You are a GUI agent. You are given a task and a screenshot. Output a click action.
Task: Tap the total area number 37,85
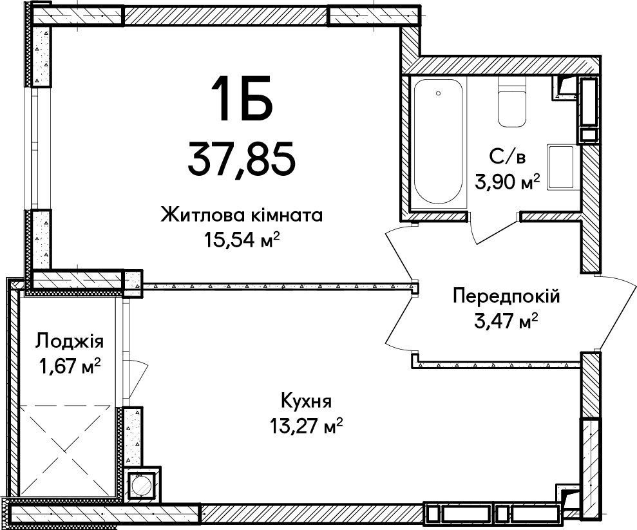[x=242, y=159]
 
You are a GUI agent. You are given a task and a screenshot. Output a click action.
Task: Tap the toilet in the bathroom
[x=513, y=106]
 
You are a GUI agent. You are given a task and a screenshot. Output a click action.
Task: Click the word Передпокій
[x=507, y=297]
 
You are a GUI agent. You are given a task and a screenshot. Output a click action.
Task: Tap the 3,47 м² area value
[x=506, y=320]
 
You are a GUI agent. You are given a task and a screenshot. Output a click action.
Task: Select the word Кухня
[x=306, y=402]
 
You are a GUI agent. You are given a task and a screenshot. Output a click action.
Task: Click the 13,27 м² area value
[x=306, y=425]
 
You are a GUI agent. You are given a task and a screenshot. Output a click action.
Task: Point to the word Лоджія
[x=70, y=341]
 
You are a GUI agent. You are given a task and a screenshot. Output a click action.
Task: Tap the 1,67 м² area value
[x=70, y=366]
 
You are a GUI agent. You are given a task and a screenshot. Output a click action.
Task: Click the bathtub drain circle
[x=438, y=93]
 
